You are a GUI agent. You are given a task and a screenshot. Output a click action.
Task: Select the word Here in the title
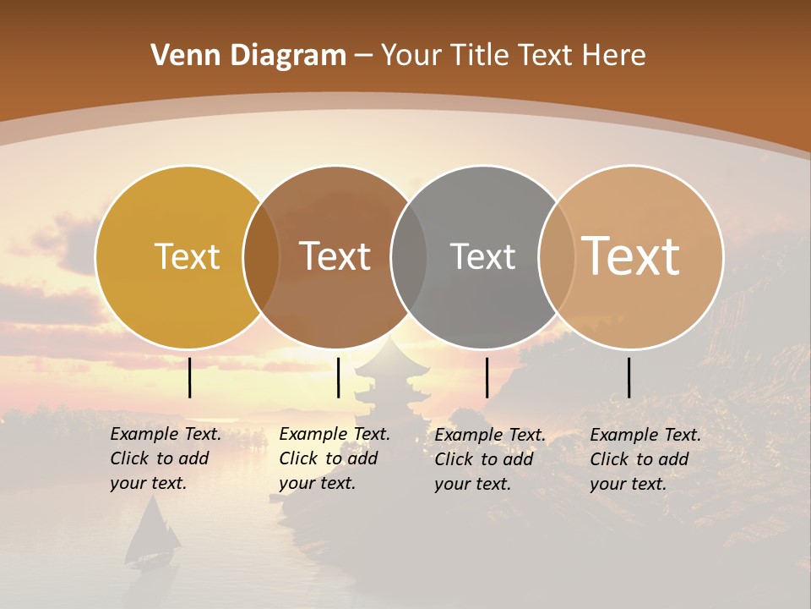coord(614,56)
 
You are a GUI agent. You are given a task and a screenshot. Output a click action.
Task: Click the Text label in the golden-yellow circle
coord(188,256)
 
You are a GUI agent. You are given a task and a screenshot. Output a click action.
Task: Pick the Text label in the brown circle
coord(335,256)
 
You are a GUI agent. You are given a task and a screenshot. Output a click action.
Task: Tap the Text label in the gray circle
coord(482,256)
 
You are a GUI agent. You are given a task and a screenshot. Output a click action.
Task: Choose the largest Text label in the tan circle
coord(631,256)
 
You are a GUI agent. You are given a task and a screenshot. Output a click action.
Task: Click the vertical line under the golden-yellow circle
coord(190,377)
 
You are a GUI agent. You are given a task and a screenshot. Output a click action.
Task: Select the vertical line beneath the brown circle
coord(338,377)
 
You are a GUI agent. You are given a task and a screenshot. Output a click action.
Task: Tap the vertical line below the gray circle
coord(487,377)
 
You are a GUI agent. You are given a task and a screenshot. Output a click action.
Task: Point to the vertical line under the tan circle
coord(629,377)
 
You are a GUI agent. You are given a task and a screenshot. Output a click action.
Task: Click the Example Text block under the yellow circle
coord(166,458)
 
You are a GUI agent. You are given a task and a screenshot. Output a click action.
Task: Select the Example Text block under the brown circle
coord(335,458)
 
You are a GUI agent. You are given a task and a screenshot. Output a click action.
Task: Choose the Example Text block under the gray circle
coord(490,459)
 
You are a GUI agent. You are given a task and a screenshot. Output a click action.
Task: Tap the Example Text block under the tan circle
coord(645,459)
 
